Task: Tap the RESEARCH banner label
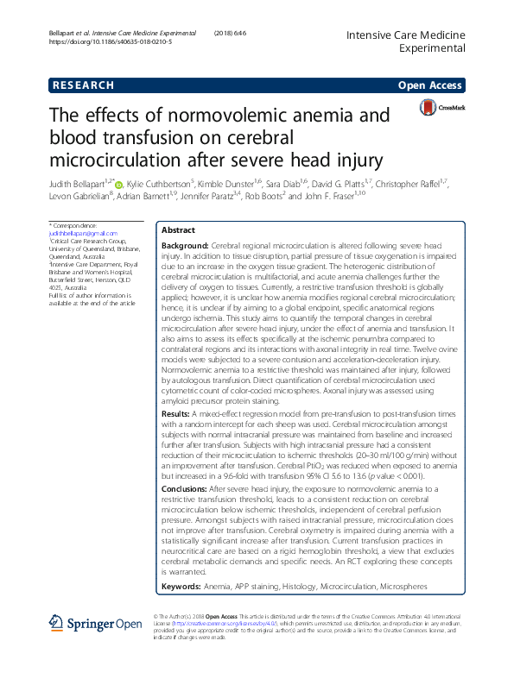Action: click(82, 85)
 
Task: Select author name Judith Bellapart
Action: click(76, 183)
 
